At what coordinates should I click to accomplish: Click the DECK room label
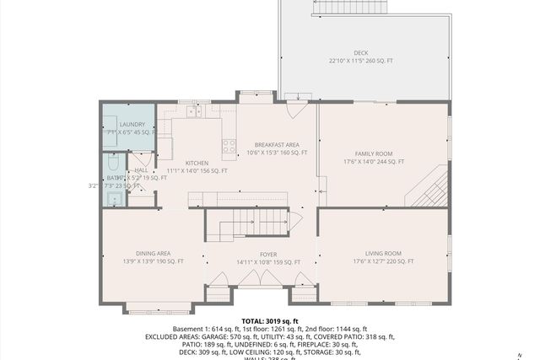tap(360, 51)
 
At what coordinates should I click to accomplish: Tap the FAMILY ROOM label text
tap(373, 153)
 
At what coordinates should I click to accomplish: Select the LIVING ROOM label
tap(383, 253)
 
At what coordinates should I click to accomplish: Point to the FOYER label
tap(268, 253)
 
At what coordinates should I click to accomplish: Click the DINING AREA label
tap(154, 253)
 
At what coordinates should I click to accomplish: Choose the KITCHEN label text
tap(197, 163)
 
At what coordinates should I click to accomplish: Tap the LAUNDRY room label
tap(132, 125)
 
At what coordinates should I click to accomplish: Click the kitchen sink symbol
tap(194, 111)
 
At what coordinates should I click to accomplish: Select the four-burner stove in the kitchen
tap(229, 148)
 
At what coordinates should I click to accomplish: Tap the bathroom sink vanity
tap(114, 199)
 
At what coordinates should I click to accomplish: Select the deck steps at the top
tap(350, 8)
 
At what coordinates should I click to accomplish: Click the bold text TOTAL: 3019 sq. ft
tap(269, 321)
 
